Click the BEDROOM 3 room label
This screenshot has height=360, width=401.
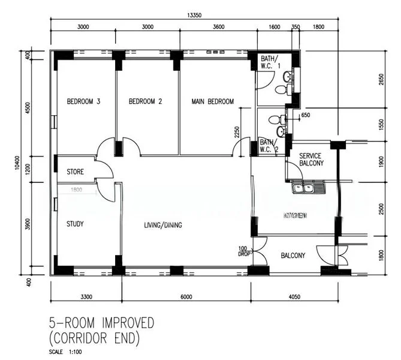[83, 102]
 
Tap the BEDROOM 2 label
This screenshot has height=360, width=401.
[146, 102]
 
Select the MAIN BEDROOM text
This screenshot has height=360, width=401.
[213, 102]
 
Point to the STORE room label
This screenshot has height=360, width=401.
[75, 172]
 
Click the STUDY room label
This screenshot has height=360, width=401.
[75, 224]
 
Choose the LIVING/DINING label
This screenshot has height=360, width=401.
[163, 226]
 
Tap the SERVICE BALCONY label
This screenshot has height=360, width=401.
[311, 160]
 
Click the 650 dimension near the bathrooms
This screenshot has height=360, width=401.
[306, 115]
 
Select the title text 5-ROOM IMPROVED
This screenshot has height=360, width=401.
[102, 323]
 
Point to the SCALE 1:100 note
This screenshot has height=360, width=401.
[64, 352]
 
